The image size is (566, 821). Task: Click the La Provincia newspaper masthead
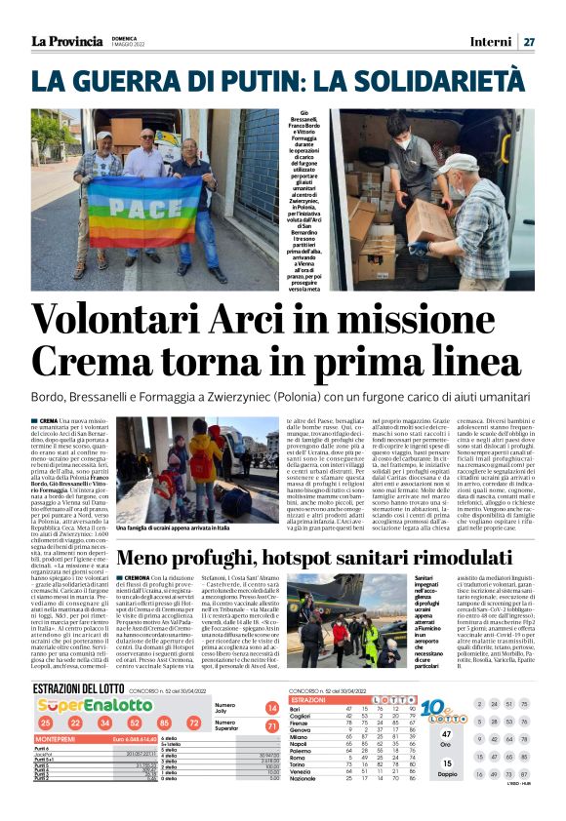[x=66, y=41]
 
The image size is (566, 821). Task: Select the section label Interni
[x=490, y=42]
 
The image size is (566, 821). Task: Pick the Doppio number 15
[x=446, y=763]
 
